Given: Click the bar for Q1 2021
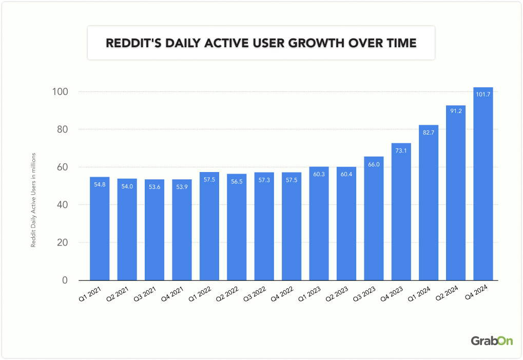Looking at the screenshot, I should pos(100,229).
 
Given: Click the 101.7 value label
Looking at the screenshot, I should pos(483,94).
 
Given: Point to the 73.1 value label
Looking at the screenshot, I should pos(401,150).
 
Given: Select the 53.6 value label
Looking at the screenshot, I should pos(154,187).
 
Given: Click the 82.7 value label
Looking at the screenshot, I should pos(428,132).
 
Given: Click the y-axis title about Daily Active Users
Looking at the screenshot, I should pos(33,200).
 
